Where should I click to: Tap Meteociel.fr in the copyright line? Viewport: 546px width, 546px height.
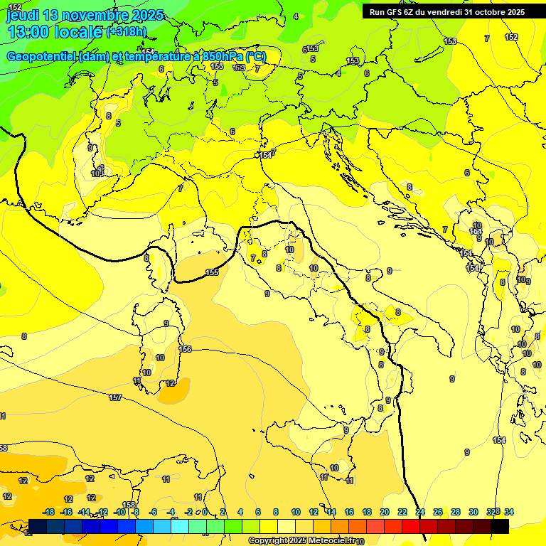click(326, 540)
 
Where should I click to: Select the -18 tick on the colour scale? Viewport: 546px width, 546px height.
click(49, 512)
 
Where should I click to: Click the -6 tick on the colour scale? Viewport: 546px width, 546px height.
click(153, 512)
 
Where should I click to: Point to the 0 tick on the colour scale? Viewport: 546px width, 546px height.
click(205, 512)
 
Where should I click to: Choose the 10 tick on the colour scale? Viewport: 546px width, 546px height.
click(295, 512)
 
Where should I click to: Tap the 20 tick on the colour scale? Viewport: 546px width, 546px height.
click(384, 512)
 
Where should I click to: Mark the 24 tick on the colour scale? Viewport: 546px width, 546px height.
click(420, 512)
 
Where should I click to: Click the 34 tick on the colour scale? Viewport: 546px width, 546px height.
click(508, 512)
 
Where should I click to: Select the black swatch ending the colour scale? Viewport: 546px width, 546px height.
click(499, 526)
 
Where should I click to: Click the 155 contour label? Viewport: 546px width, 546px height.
click(212, 272)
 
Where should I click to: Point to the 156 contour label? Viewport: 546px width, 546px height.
click(186, 349)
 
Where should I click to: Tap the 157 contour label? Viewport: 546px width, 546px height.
click(115, 397)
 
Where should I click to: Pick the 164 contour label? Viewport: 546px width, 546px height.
click(476, 232)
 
